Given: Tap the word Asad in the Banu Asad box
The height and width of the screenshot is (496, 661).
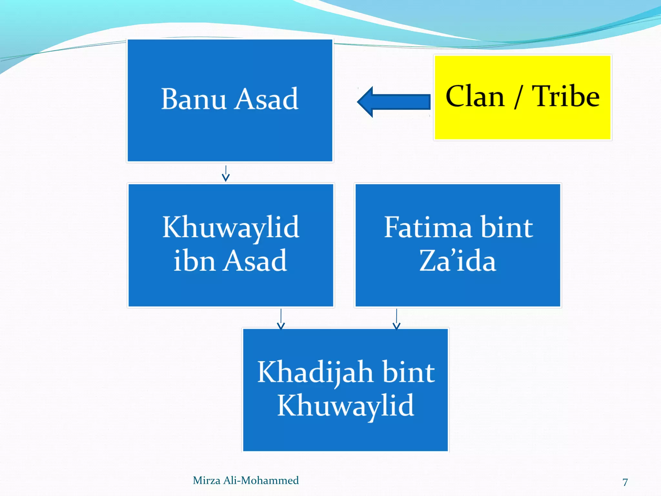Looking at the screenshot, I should click(266, 99).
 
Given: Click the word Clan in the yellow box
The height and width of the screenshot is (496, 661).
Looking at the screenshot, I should click(474, 97).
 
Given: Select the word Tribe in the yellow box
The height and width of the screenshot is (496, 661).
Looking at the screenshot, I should click(565, 97).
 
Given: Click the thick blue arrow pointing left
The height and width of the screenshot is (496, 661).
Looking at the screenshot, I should click(394, 102).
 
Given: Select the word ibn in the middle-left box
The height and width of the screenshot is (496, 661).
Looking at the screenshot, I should click(194, 261).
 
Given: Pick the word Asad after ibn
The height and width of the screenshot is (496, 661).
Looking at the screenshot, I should click(255, 261).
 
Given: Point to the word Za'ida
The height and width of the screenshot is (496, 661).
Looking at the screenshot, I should click(457, 261).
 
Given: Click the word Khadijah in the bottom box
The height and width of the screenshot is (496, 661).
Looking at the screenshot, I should click(315, 372).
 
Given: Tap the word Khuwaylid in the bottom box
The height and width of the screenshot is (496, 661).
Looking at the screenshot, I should click(345, 406).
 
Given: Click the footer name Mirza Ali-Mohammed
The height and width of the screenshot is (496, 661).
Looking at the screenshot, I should click(246, 480).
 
